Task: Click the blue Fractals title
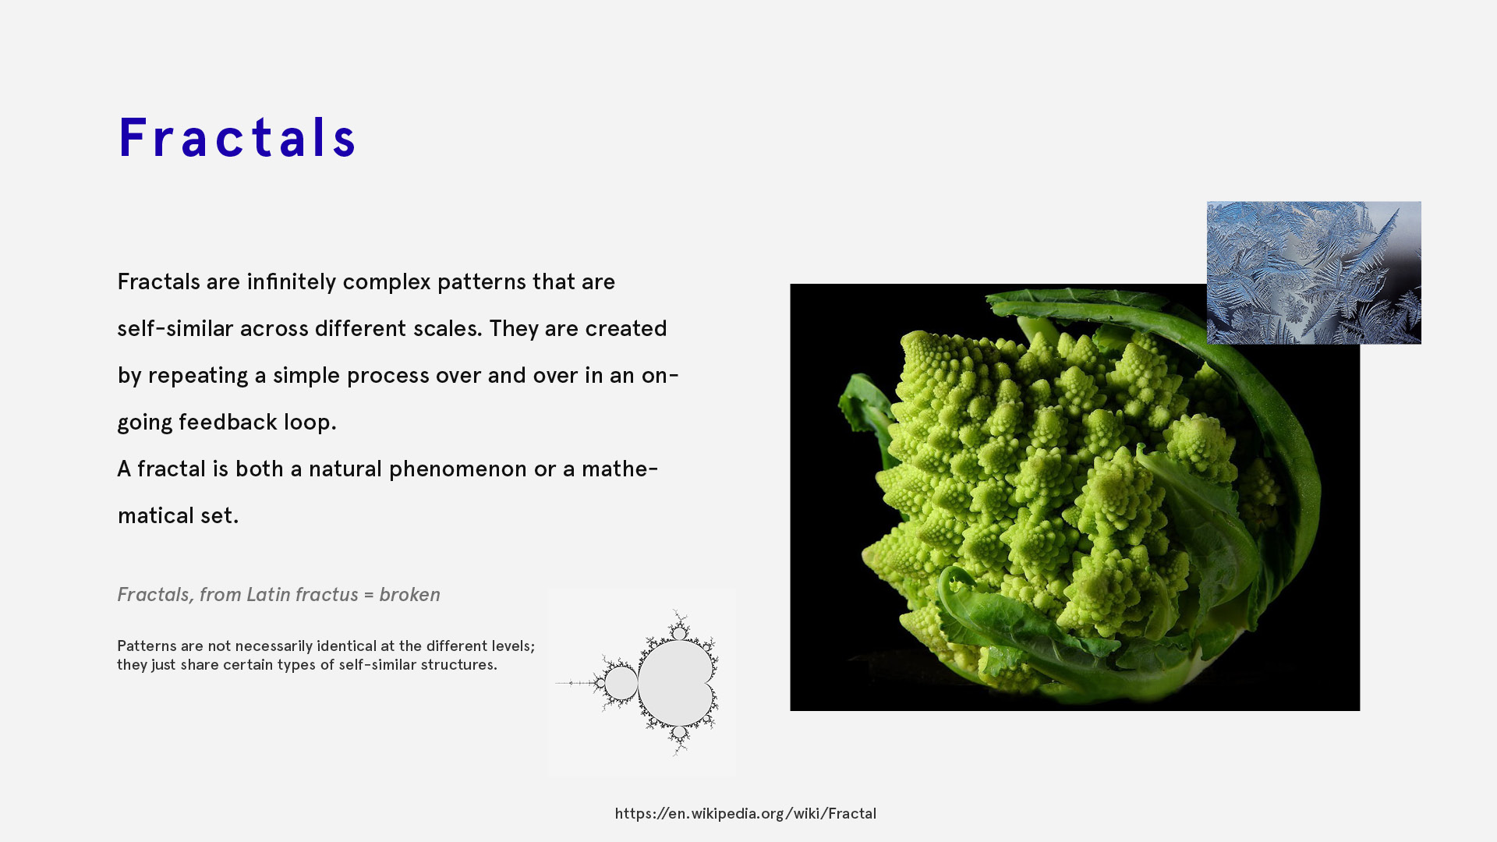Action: point(237,138)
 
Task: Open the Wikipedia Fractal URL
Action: point(745,813)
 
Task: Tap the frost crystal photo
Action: point(1314,273)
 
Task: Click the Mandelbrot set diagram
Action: point(642,682)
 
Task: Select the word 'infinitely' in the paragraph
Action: point(292,281)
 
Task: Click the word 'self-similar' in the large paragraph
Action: point(175,328)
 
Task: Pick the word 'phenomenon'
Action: point(458,469)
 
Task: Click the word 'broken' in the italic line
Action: point(409,594)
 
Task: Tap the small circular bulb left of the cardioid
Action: point(621,683)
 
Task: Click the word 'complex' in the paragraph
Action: point(387,281)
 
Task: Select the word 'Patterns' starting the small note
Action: point(147,646)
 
